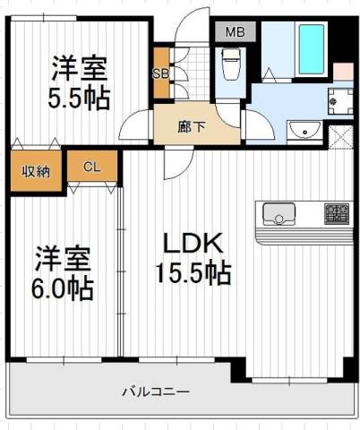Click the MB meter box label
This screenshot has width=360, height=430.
point(235,31)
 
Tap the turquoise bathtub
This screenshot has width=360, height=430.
point(312,49)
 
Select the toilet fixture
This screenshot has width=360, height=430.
point(230,64)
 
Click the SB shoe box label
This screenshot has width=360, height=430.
point(161,73)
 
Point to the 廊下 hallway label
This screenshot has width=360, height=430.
point(192,127)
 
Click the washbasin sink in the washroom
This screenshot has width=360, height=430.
point(304,130)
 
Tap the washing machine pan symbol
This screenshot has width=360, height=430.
point(340,101)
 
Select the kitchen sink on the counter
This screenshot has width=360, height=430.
point(279,214)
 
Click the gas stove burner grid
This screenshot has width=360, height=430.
point(337,214)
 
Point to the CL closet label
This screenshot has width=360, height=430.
point(91,167)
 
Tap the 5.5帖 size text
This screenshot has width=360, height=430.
point(79,98)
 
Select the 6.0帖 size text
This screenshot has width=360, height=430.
point(63,289)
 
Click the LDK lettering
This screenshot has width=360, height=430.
point(193,243)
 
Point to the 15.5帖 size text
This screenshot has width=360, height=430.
point(193,272)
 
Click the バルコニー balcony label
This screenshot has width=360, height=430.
point(156,391)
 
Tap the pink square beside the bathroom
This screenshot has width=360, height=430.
point(343,72)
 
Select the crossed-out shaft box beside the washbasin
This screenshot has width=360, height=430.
point(341,137)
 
